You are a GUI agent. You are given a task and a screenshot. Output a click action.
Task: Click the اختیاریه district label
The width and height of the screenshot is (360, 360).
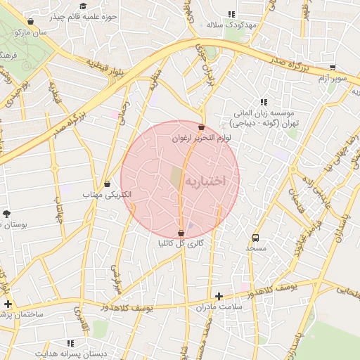(205, 181)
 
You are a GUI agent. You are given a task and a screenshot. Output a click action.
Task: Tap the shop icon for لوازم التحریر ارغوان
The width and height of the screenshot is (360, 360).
(202, 127)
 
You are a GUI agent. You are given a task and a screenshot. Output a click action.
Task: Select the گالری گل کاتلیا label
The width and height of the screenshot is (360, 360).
(181, 243)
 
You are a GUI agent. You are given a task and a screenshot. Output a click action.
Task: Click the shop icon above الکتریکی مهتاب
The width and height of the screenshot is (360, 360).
(107, 184)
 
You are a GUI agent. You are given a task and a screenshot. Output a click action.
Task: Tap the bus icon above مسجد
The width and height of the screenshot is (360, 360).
(255, 238)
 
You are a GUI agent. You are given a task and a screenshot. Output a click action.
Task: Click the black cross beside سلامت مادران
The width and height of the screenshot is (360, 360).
(219, 296)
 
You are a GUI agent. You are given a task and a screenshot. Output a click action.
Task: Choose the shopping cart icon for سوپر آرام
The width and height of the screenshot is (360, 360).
(333, 67)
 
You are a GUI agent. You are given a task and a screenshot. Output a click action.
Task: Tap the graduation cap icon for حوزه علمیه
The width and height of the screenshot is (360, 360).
(83, 6)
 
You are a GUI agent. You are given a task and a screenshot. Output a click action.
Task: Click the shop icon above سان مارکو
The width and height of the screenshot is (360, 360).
(30, 22)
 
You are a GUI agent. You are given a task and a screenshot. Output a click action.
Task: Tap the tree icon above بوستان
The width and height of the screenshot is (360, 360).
(7, 213)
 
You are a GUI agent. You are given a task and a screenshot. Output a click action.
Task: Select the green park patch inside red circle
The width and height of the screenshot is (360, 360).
(176, 178)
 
